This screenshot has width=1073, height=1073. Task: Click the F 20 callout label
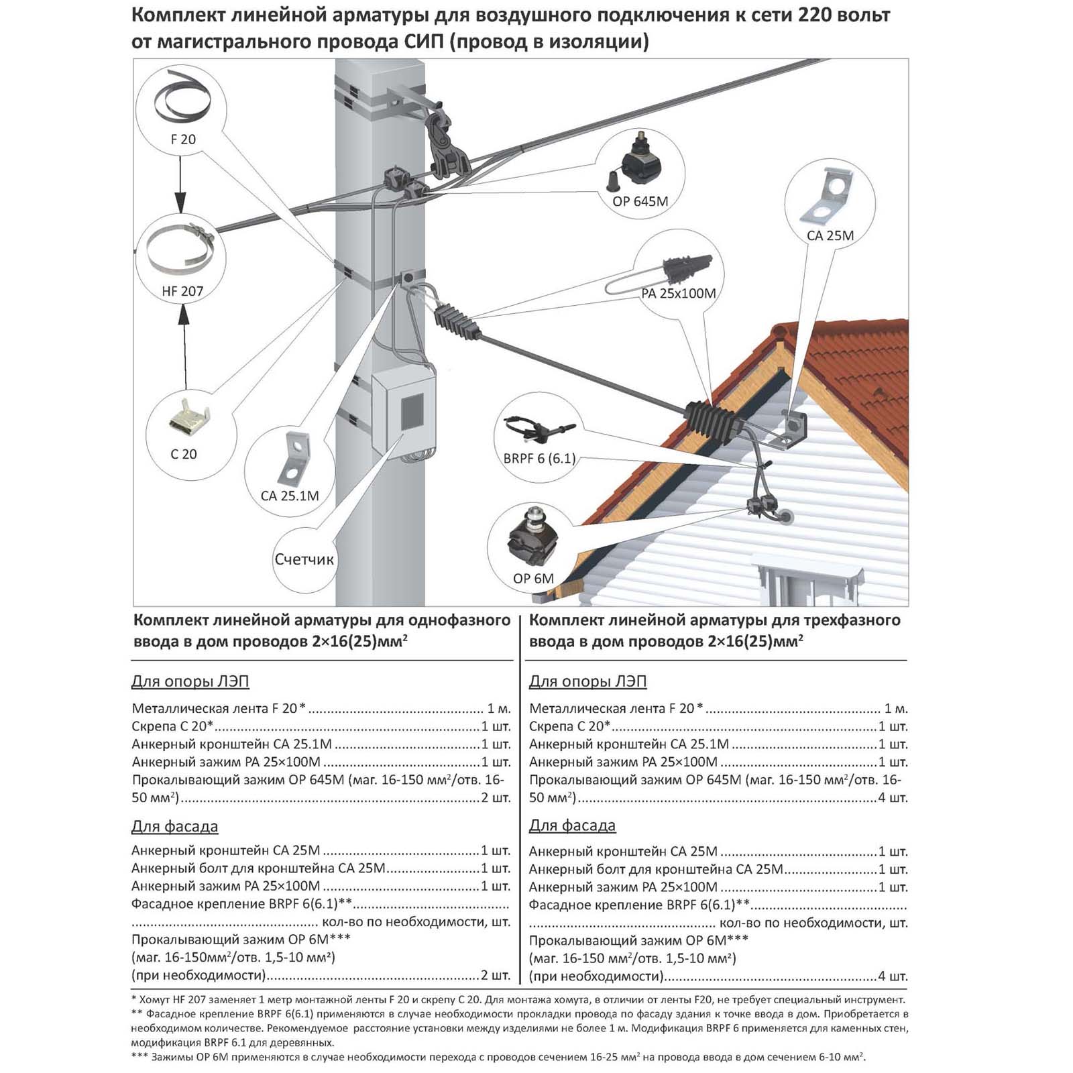tap(183, 139)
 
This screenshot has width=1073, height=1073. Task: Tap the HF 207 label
tap(182, 291)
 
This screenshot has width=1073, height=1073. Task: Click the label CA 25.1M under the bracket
tap(290, 496)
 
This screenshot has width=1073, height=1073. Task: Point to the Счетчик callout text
tap(304, 559)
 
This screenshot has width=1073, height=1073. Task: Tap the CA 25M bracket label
tap(830, 235)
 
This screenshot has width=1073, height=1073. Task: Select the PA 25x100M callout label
tap(679, 293)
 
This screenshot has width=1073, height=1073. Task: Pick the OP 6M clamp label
tap(533, 578)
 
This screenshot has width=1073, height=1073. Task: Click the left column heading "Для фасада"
tap(175, 826)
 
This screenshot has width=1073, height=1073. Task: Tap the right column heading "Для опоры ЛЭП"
tap(588, 681)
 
